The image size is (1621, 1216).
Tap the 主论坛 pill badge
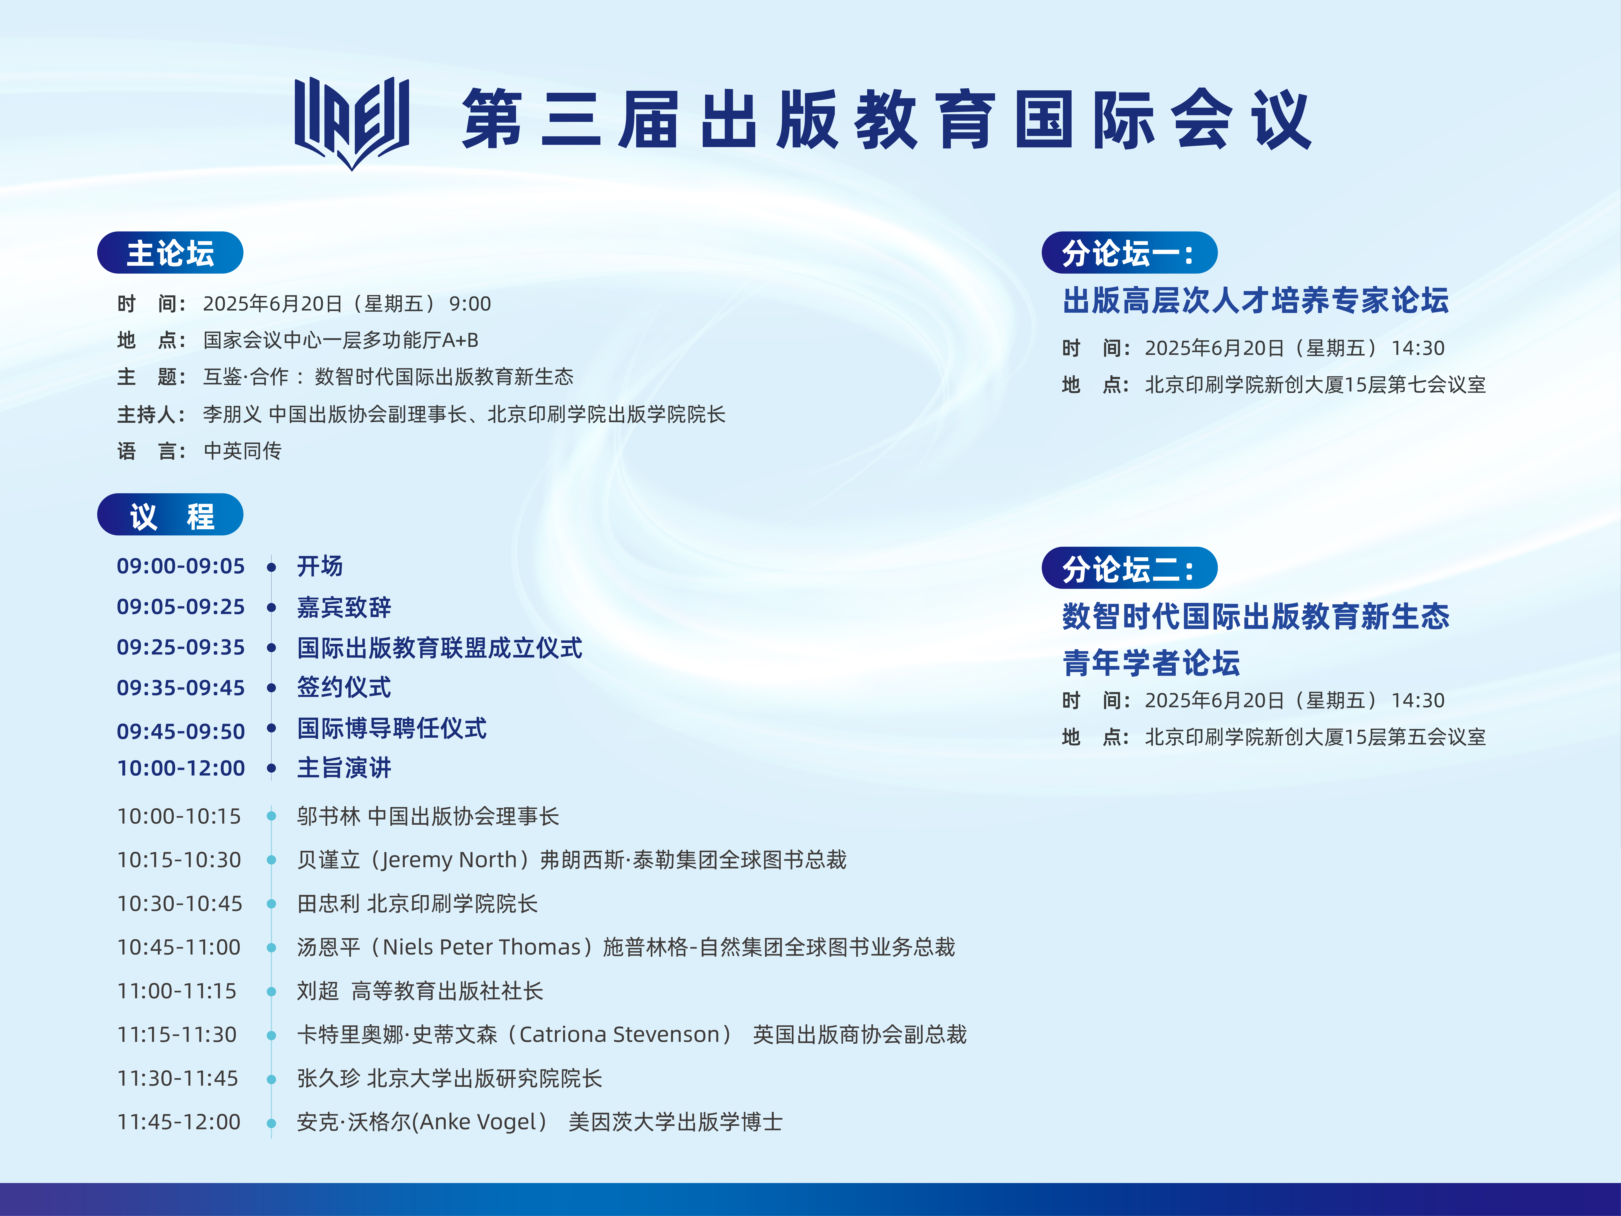[x=170, y=253]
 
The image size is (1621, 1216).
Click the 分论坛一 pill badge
[x=1129, y=253]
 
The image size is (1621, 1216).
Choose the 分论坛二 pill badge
[x=1129, y=568]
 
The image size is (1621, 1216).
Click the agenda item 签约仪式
[x=344, y=688]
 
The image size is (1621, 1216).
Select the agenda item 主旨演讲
[x=344, y=768]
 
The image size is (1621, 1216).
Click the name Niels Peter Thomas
[x=481, y=947]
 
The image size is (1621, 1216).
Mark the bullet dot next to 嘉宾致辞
[x=271, y=608]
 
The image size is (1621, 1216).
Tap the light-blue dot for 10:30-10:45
[x=271, y=904]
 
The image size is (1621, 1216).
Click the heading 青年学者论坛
[x=1151, y=663]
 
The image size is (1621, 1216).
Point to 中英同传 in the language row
[x=243, y=451]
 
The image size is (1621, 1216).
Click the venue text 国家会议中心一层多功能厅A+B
[x=341, y=340]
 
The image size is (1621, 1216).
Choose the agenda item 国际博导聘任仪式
[x=391, y=729]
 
